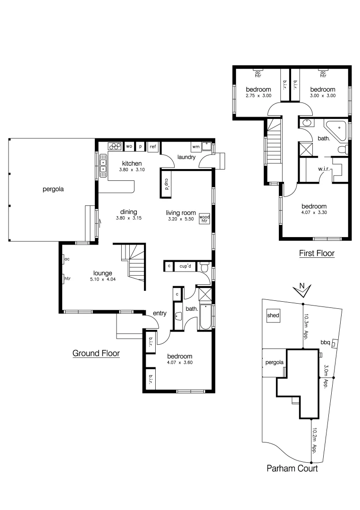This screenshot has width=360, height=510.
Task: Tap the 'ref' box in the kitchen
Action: coord(153,147)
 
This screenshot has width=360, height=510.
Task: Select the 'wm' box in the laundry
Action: coord(196,147)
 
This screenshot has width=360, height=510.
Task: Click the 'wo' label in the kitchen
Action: coord(129,147)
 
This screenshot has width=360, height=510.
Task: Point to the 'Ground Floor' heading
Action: coord(96,353)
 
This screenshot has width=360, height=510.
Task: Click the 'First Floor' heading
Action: coord(317,254)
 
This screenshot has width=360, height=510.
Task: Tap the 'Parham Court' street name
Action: coord(292,468)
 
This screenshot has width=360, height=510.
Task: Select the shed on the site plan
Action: coord(273,315)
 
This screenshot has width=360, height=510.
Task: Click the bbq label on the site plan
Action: coord(325,341)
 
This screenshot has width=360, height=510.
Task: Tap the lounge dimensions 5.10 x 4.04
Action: coord(102,279)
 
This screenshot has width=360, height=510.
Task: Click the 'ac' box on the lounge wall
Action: coord(67,259)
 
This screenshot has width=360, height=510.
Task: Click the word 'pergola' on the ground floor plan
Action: coord(53,189)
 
